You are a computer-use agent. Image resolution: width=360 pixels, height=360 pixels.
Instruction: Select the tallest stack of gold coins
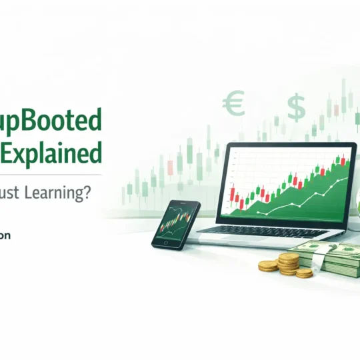pos(289,263)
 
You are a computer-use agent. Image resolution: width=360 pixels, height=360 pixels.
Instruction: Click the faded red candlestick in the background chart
pos(169,165)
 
